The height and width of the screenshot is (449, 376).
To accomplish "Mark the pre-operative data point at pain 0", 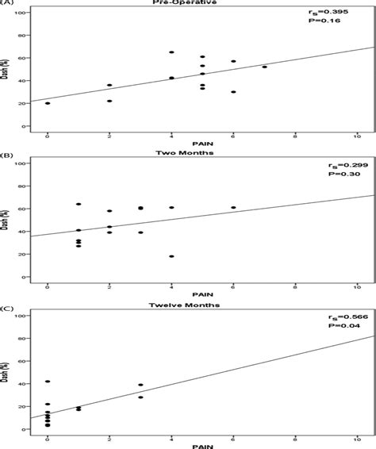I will [x=48, y=103].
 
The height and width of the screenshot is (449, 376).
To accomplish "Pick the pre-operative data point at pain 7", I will [x=264, y=67].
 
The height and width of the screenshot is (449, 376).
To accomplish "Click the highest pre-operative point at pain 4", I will [x=171, y=52].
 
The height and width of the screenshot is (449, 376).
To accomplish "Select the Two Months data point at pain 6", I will [x=233, y=207].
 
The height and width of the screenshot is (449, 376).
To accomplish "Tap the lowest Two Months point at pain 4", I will [x=171, y=256].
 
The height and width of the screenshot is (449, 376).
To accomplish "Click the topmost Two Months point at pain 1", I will [x=79, y=204].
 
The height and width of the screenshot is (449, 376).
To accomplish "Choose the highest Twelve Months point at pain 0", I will [x=48, y=382].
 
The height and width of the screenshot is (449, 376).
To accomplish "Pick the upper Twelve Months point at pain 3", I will [x=140, y=385].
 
